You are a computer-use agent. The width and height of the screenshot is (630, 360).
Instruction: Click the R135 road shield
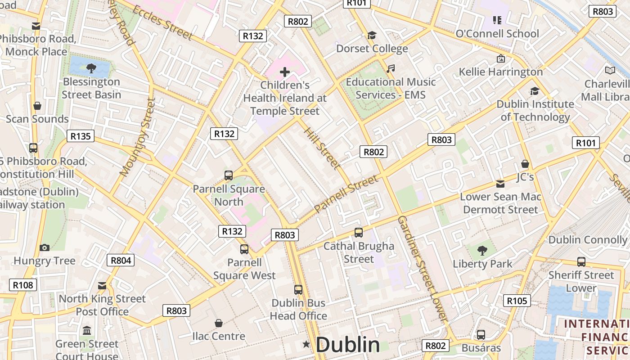tap(81, 136)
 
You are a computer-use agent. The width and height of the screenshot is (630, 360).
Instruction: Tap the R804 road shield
tap(121, 260)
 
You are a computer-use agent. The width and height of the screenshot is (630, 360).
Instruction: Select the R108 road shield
tap(22, 284)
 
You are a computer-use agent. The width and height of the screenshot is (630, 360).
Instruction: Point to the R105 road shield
tap(517, 301)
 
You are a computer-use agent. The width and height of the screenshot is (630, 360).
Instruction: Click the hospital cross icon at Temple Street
tap(284, 72)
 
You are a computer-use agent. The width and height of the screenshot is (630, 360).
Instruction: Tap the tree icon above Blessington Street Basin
tap(91, 68)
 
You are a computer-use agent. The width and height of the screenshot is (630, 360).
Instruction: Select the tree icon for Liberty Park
tap(482, 250)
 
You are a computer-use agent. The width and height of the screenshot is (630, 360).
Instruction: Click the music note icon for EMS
tap(391, 69)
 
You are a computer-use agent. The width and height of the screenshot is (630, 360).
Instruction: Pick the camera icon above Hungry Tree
tap(44, 247)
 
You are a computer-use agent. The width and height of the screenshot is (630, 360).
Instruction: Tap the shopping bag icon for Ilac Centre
tap(219, 323)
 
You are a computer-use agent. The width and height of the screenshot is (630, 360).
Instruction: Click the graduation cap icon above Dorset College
tap(372, 35)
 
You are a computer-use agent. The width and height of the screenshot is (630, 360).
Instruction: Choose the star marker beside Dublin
tap(306, 344)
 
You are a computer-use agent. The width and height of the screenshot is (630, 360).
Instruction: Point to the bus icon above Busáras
tap(481, 334)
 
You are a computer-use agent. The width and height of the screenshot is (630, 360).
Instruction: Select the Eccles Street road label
tap(162, 22)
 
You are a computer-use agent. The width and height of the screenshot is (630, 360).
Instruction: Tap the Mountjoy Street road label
tap(137, 137)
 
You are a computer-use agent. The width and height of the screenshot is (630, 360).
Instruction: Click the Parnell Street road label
tap(346, 194)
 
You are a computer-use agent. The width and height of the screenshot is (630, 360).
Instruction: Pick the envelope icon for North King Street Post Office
tap(102, 285)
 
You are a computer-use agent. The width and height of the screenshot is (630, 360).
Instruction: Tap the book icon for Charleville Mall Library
tap(610, 71)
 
